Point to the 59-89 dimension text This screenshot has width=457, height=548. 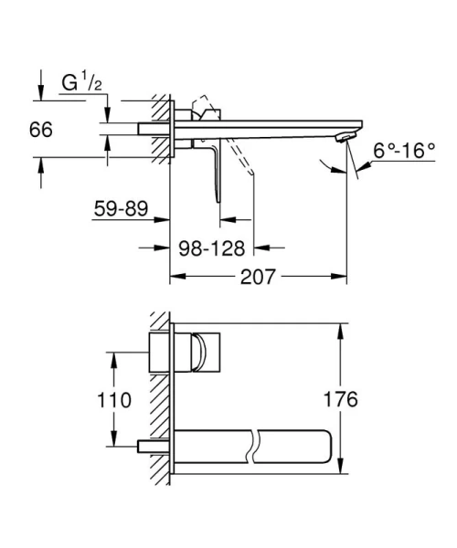[x=121, y=209]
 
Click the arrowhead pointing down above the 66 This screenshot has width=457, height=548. [x=40, y=95]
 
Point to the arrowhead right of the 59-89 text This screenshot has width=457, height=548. [x=165, y=220]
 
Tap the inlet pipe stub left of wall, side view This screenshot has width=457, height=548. [x=148, y=128]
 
